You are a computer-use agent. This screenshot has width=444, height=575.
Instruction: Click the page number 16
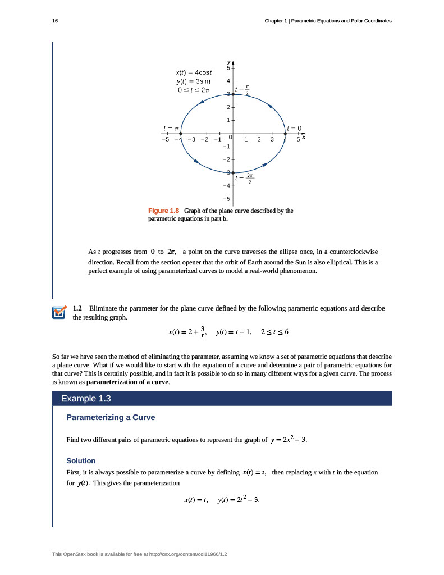(x=54, y=21)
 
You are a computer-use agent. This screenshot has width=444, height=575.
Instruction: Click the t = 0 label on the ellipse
(x=295, y=128)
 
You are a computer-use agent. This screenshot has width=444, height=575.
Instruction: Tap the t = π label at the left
(x=170, y=128)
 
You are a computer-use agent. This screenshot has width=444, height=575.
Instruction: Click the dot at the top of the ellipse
(x=233, y=94)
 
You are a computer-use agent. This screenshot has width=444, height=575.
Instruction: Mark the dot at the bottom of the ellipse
(x=233, y=172)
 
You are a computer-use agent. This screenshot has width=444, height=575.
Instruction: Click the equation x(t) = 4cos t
(x=194, y=72)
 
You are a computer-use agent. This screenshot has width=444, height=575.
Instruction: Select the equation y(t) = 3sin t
(x=193, y=81)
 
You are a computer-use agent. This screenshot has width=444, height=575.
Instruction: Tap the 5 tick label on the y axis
(x=228, y=67)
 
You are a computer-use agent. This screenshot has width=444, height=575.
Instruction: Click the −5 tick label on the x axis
(x=164, y=139)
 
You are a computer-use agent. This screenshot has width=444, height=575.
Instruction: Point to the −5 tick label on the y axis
(x=226, y=199)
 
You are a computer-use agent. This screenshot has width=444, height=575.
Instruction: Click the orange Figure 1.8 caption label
(x=163, y=211)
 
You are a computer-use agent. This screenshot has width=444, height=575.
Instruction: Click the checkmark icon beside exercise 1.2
(x=58, y=312)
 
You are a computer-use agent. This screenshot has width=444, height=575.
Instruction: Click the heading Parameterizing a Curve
(x=111, y=417)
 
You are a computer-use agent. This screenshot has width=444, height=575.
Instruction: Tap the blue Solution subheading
(x=81, y=460)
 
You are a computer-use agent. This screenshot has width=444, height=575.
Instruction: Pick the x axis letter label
(x=304, y=137)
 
